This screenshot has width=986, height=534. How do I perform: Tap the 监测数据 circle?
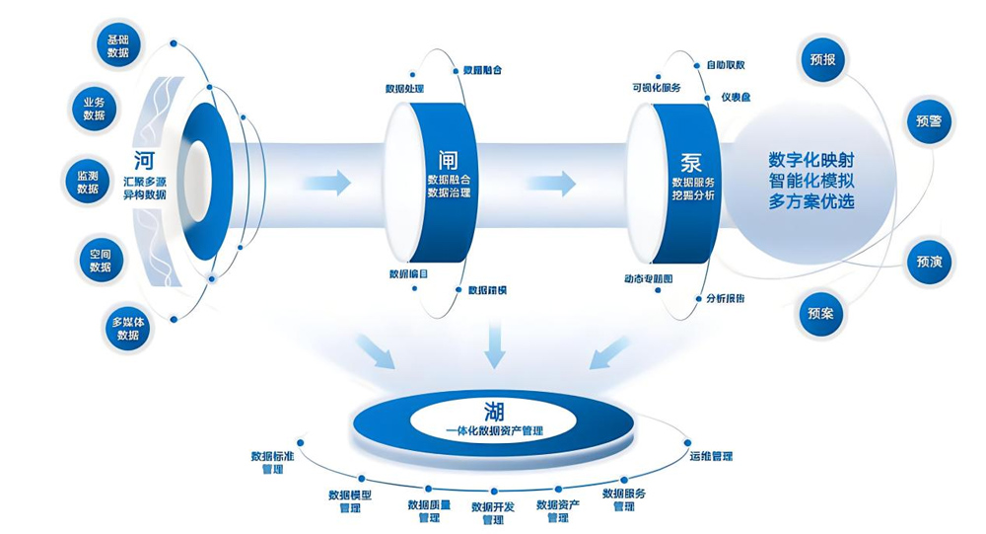(x=87, y=182)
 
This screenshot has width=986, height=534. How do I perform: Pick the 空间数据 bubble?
(x=100, y=260)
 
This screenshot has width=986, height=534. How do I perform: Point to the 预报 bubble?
(x=822, y=60)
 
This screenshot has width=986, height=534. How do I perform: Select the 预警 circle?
(x=929, y=122)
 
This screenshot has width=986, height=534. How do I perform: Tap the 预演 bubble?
(x=929, y=262)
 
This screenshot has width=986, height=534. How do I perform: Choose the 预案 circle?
(x=820, y=314)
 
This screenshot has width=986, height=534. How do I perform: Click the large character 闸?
(x=448, y=159)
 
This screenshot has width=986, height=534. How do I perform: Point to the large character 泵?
(x=690, y=160)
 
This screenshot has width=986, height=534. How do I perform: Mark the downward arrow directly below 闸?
(x=494, y=346)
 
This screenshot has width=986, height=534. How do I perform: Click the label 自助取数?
(x=725, y=65)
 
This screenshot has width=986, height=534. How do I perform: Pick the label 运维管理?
(x=711, y=457)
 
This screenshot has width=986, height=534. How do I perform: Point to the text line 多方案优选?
(x=810, y=202)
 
